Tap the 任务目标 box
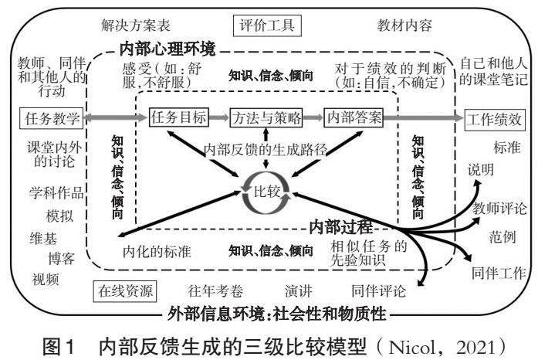coord(178,118)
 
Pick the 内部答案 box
coord(354,118)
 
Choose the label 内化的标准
coord(157,251)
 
